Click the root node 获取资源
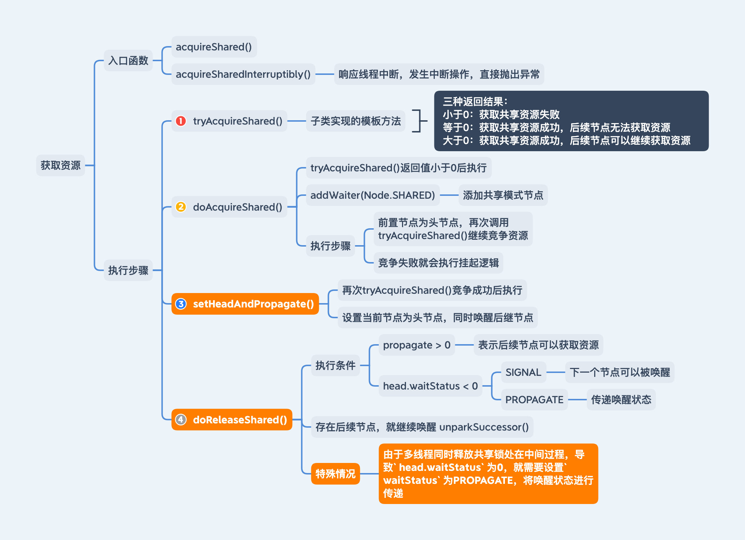point(60,165)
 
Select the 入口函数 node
point(128,60)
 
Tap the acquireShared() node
point(214,47)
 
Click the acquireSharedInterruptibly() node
point(243,74)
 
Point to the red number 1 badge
point(181,121)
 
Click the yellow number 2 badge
point(181,207)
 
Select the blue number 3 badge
point(181,304)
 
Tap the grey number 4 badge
point(181,419)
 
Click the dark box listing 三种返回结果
point(571,121)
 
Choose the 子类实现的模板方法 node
point(356,121)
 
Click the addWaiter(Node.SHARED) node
point(372,195)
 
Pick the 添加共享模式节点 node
point(503,195)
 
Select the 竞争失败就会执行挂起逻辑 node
point(438,263)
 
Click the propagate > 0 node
point(416,345)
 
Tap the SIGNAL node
point(523,372)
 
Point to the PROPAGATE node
point(534,400)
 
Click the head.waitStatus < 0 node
point(430,386)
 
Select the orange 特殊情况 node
point(335,474)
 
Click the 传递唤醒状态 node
point(621,400)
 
